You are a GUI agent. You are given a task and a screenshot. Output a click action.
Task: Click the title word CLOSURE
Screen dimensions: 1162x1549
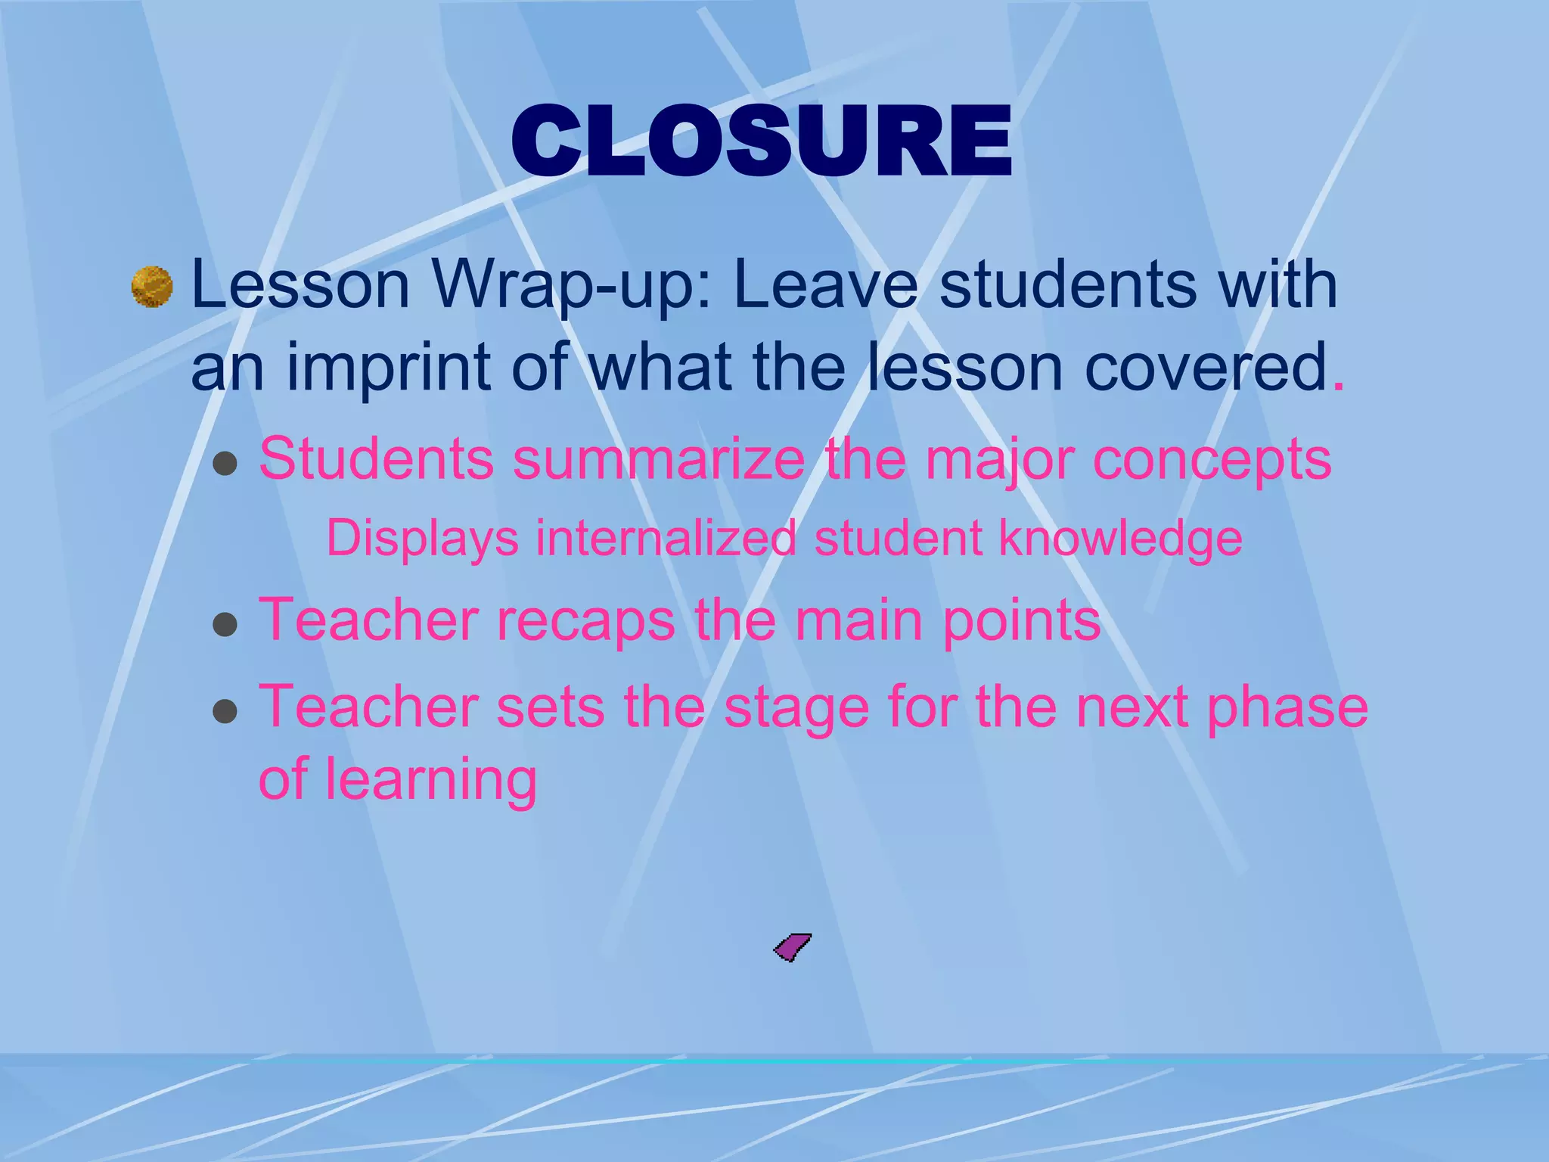tap(762, 141)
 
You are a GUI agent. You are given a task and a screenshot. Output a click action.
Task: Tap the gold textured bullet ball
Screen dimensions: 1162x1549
tap(152, 287)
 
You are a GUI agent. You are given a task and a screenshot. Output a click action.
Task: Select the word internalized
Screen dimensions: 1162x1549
tap(666, 538)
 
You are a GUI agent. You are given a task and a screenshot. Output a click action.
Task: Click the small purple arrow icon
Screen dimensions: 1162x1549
tap(792, 946)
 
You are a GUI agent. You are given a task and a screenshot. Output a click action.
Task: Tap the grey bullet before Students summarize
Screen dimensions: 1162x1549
tap(225, 463)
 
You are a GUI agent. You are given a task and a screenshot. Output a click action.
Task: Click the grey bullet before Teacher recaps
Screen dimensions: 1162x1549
tap(225, 626)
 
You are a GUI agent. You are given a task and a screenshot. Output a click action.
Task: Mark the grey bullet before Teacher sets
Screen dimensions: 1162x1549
tap(225, 711)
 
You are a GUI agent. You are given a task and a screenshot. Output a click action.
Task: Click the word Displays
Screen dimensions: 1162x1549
tap(422, 539)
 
